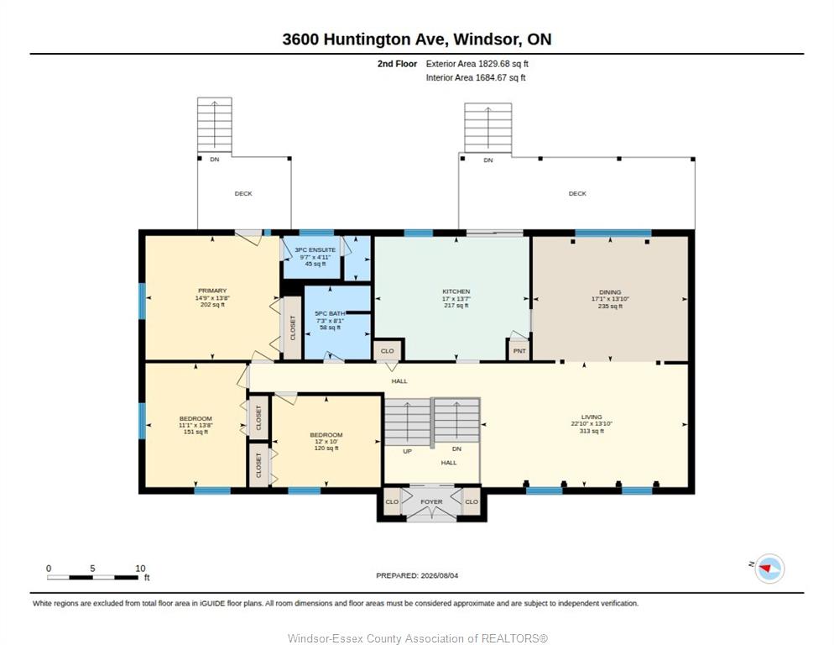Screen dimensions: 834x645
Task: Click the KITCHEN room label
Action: click(x=456, y=291)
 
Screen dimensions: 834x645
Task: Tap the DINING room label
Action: click(x=609, y=292)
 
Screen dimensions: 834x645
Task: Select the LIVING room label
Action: click(x=592, y=417)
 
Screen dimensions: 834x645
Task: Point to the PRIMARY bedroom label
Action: click(x=212, y=291)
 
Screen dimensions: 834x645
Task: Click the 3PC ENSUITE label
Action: click(x=315, y=249)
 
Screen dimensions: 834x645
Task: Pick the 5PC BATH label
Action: click(x=330, y=314)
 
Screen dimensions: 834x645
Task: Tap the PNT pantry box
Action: click(x=519, y=351)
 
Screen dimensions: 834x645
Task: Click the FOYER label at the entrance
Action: click(x=431, y=501)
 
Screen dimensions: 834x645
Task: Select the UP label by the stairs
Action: click(x=408, y=451)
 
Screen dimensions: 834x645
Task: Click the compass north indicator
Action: click(x=769, y=569)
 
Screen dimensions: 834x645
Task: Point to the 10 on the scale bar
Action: click(x=140, y=569)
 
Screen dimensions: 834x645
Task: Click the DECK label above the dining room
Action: click(x=577, y=194)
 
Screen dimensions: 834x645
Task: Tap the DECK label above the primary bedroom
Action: click(x=243, y=194)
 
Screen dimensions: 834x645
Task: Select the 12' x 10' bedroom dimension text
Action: click(x=326, y=442)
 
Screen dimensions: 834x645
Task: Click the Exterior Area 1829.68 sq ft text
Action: click(x=477, y=64)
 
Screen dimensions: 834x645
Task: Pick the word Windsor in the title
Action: click(x=487, y=39)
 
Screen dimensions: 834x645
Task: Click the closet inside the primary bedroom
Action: click(x=292, y=328)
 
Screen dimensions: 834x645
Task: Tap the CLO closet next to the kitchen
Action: click(x=388, y=351)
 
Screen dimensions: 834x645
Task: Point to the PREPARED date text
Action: click(x=417, y=576)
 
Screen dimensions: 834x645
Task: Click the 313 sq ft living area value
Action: click(x=592, y=431)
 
